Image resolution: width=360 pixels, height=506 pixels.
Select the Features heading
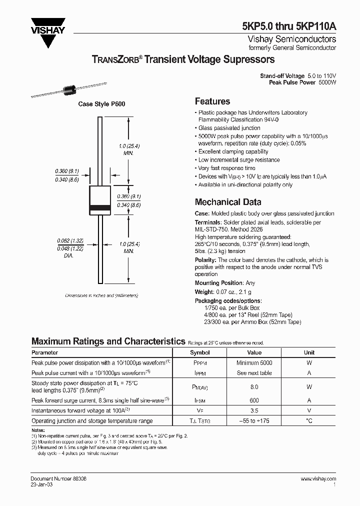212,101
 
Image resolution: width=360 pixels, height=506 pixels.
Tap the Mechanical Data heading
227,202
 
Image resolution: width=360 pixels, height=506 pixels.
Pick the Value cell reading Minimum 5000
254,362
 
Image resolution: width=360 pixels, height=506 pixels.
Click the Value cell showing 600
254,400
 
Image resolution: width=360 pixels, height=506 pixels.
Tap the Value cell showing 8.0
254,386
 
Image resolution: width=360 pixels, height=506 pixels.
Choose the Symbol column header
199,352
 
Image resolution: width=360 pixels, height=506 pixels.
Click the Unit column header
309,352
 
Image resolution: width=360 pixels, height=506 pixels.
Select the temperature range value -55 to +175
254,421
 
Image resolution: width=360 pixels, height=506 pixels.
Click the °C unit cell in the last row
309,421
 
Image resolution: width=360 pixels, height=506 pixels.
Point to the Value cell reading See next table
254,373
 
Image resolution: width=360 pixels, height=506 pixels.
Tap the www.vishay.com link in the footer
318,478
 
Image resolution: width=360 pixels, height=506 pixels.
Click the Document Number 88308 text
58,478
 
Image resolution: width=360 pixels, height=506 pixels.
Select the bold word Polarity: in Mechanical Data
205,260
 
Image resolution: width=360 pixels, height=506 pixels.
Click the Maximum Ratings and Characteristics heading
108,341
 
